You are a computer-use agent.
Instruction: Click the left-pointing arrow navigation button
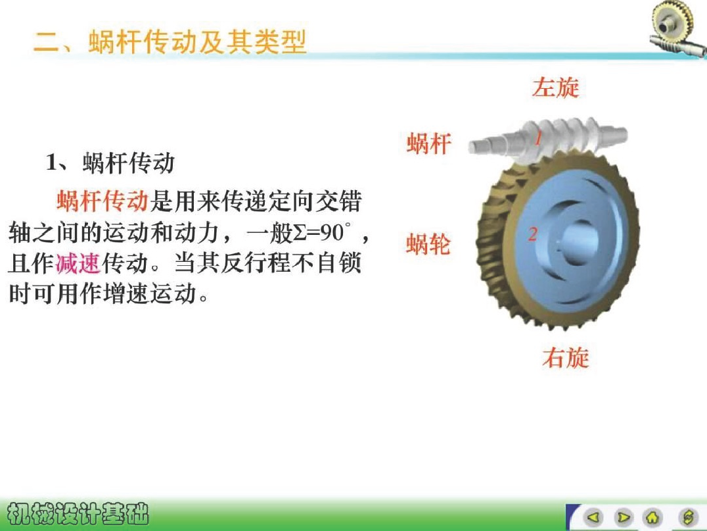coord(593,517)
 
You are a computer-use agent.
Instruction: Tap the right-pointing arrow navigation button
coord(624,517)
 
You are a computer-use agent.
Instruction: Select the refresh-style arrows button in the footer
coord(688,517)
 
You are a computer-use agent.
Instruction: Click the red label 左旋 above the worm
coord(555,87)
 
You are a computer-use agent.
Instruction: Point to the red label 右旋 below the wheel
coord(566,357)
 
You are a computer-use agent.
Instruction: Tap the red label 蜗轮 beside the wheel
coord(428,244)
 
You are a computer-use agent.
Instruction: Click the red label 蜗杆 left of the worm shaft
coord(429,143)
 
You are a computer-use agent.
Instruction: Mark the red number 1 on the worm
coord(538,138)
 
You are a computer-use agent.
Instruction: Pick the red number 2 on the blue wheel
coord(533,234)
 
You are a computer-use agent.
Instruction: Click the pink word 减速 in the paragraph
coord(78,263)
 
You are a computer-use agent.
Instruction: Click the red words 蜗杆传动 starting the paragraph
coord(103,201)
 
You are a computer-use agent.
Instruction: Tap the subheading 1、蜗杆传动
coord(110,163)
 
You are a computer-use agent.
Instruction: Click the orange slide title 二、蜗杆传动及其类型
coord(170,42)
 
